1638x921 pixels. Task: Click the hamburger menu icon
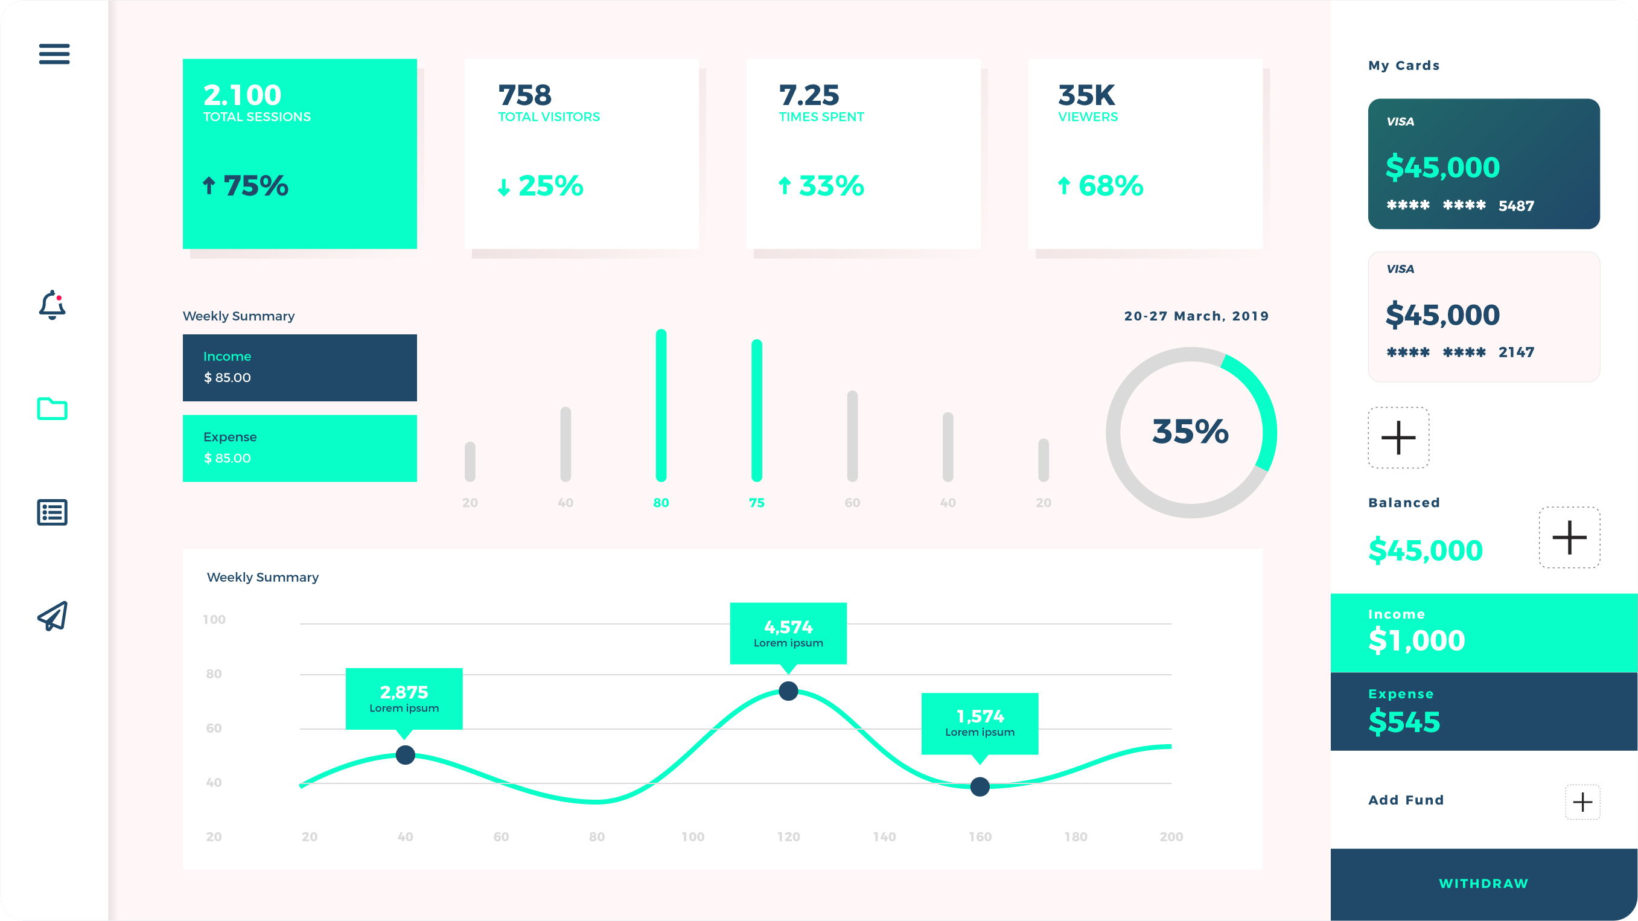(x=54, y=54)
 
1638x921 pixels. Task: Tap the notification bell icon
(x=52, y=305)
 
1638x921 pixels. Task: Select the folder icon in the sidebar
(x=52, y=409)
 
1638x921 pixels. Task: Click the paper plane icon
(x=52, y=616)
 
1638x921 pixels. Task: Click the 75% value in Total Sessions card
(x=256, y=186)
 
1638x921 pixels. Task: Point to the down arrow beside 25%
(x=503, y=187)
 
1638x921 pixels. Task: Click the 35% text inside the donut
(x=1190, y=432)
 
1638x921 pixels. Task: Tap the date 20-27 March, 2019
(x=1196, y=316)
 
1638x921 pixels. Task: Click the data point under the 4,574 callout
(x=788, y=690)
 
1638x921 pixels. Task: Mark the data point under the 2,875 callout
(x=405, y=755)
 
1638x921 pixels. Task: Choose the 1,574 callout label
(x=980, y=722)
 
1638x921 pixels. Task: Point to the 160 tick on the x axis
(x=980, y=837)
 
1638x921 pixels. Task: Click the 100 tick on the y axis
(x=214, y=619)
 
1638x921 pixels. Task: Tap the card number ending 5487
(x=1460, y=205)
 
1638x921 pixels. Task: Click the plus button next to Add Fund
(x=1582, y=802)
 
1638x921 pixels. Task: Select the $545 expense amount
(x=1404, y=722)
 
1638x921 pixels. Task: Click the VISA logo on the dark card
(x=1400, y=121)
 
